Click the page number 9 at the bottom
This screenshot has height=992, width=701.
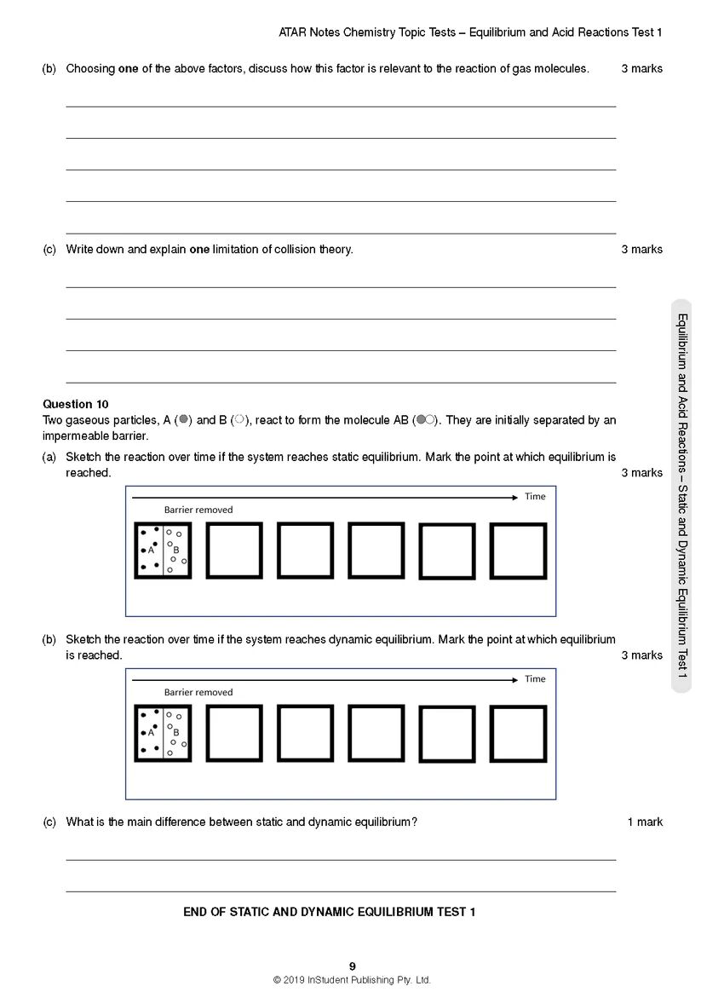pyautogui.click(x=353, y=966)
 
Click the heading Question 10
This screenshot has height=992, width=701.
pyautogui.click(x=76, y=404)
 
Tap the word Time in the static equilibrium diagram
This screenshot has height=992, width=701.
pyautogui.click(x=535, y=496)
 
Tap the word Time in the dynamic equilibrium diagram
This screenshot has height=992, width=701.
pyautogui.click(x=535, y=678)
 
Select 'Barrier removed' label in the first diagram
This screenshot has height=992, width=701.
pyautogui.click(x=198, y=510)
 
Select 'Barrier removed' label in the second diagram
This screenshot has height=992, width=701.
pyautogui.click(x=198, y=692)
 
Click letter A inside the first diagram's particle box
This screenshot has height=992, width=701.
pyautogui.click(x=151, y=550)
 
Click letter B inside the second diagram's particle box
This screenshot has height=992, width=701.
pyautogui.click(x=176, y=732)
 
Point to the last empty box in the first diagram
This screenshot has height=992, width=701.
pyautogui.click(x=518, y=551)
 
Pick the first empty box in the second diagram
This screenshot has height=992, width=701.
pyautogui.click(x=234, y=733)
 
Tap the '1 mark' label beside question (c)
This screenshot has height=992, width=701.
pyautogui.click(x=645, y=822)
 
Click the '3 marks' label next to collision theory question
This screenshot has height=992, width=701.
pyautogui.click(x=641, y=250)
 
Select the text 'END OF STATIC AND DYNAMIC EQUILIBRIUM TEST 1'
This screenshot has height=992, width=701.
pyautogui.click(x=329, y=912)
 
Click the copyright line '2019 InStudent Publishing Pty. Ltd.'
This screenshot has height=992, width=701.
pyautogui.click(x=352, y=980)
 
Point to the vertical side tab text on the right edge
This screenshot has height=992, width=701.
pyautogui.click(x=682, y=494)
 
